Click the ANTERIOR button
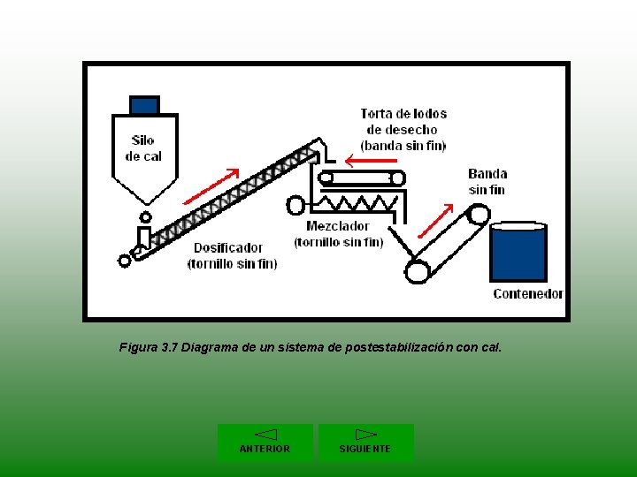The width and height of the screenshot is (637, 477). tap(265, 442)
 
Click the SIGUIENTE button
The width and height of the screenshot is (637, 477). tap(365, 442)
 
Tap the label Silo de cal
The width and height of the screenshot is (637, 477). tap(142, 148)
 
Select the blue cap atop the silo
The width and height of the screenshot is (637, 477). tap(144, 105)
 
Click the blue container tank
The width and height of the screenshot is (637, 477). tap(518, 254)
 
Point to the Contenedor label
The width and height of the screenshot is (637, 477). tap(527, 294)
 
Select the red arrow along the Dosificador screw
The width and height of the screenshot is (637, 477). tap(211, 185)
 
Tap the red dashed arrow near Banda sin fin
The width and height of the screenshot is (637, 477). tap(434, 221)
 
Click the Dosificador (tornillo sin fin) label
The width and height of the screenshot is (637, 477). tap(232, 256)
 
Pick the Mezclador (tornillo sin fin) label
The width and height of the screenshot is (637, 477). tap(339, 234)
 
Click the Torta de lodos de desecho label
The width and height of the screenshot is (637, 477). tap(403, 129)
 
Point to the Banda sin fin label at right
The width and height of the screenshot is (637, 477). tap(487, 181)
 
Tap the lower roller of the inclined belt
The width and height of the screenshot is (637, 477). tap(418, 270)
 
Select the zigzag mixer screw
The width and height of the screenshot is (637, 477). tap(358, 204)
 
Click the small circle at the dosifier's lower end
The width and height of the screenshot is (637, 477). tap(125, 261)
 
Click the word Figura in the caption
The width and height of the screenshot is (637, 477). tap(139, 348)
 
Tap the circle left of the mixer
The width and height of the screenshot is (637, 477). tap(295, 205)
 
